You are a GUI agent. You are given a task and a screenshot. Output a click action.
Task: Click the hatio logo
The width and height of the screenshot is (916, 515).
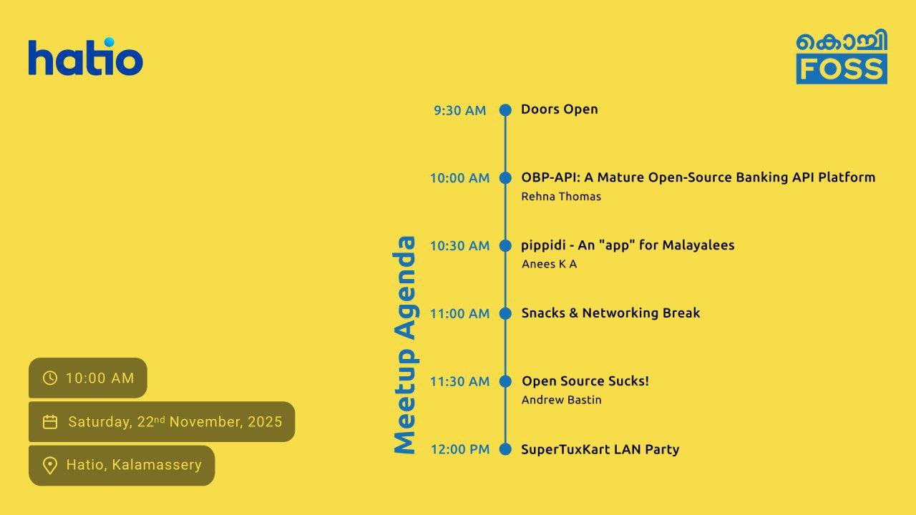[x=86, y=58]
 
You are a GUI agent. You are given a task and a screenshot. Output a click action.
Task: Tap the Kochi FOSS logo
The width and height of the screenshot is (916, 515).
[x=842, y=57]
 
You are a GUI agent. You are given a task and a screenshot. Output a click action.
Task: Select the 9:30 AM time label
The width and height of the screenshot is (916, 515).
[x=459, y=110]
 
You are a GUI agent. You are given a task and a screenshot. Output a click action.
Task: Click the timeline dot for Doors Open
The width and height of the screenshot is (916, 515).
[x=505, y=109]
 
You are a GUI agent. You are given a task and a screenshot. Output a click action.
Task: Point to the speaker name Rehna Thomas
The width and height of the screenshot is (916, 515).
[x=561, y=197]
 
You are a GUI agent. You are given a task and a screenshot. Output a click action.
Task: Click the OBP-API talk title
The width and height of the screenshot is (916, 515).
[x=698, y=177]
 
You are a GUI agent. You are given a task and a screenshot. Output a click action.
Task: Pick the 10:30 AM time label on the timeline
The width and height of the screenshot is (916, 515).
[x=459, y=246]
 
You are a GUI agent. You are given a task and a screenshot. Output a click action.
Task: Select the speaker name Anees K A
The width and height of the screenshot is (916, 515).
[x=549, y=265]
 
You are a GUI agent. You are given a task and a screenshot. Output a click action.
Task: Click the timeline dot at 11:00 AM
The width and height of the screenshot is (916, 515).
[x=505, y=313]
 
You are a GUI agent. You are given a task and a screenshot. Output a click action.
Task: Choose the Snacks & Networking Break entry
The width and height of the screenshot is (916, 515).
[x=610, y=313]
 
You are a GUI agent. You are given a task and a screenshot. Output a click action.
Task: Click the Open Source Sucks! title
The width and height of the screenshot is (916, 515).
[x=585, y=381]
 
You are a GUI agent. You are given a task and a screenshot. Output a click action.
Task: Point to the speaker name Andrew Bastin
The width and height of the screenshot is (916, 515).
[x=561, y=400]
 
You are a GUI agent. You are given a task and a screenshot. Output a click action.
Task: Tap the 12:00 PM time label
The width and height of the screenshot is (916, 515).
[x=459, y=449]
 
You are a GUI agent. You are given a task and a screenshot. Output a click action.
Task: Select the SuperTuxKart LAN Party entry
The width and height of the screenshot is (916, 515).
[x=600, y=449]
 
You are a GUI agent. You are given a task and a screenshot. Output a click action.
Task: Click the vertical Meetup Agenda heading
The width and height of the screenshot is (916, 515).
[x=405, y=345]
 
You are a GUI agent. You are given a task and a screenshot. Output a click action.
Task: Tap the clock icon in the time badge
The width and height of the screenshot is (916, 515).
[x=50, y=378]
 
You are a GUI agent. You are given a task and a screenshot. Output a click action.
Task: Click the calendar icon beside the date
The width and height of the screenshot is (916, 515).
[x=50, y=422]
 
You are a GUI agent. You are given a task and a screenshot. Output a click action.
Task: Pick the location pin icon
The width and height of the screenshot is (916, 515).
[x=50, y=466]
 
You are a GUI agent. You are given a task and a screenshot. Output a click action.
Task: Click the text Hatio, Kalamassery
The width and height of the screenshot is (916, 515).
[x=134, y=465]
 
